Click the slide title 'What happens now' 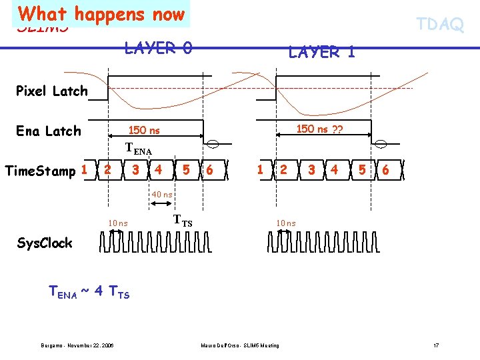click(102, 14)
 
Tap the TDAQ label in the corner click(440, 25)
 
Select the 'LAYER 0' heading click(159, 48)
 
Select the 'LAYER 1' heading click(321, 51)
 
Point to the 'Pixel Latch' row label click(51, 91)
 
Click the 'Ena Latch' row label click(48, 131)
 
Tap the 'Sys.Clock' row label click(44, 243)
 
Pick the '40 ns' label click(162, 194)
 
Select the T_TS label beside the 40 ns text click(183, 220)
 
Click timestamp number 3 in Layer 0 click(135, 170)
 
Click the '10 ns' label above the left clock click(118, 223)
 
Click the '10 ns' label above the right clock click(287, 223)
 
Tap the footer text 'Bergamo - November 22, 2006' click(77, 345)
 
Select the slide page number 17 click(435, 345)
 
